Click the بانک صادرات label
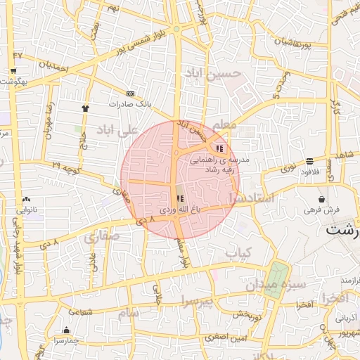130,104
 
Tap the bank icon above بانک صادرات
130,93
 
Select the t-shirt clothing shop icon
86,108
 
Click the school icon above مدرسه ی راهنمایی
220,148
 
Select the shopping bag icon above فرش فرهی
321,199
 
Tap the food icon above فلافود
310,161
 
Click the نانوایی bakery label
27,210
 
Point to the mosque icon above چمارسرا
67,330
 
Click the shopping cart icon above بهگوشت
13,71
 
